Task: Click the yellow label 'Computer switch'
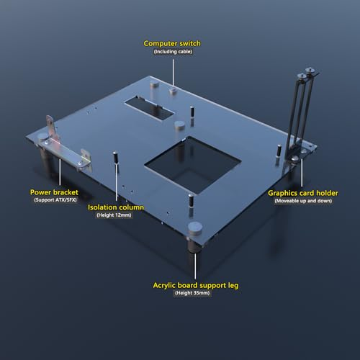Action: [172, 43]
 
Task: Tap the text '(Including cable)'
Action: [173, 52]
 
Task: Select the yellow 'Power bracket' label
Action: [54, 192]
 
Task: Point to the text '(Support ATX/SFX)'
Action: [55, 200]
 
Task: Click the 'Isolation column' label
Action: [116, 207]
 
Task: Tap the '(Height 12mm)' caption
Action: [114, 215]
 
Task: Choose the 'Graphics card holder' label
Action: [303, 193]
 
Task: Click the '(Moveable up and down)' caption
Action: [303, 201]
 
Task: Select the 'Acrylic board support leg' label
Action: [196, 285]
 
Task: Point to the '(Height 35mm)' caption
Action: [192, 293]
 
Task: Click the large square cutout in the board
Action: [192, 164]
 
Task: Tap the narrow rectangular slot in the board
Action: [149, 108]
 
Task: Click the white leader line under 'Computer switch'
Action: [173, 73]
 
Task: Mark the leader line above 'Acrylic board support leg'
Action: [195, 266]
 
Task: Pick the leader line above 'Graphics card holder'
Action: [302, 172]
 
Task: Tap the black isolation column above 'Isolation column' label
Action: [115, 158]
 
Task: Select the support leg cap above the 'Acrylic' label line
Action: [194, 228]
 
